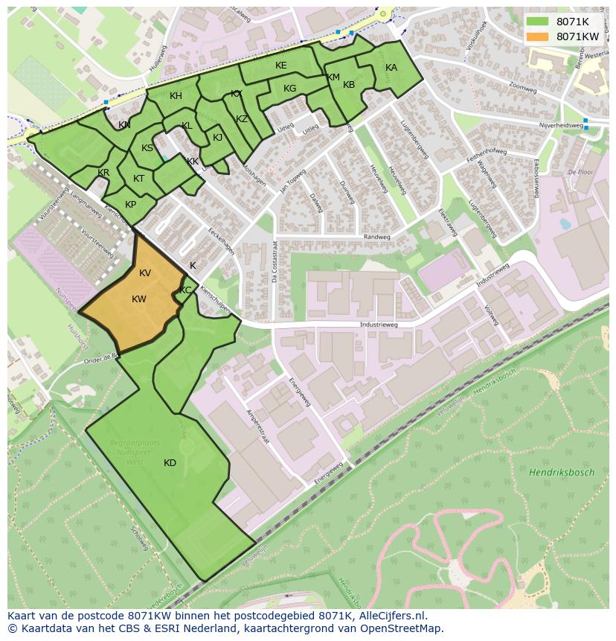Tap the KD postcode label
coord(170,463)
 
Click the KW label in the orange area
coord(139,299)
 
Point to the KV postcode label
coord(145,273)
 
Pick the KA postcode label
coord(391,68)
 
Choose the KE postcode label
coord(280,66)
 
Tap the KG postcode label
coord(289,89)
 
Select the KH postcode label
coord(176,96)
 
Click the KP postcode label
coord(130,205)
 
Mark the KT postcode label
coord(138,179)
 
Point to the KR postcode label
coord(103,173)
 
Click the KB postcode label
coord(349,85)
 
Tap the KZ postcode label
coord(242,119)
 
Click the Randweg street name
coord(377,237)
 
